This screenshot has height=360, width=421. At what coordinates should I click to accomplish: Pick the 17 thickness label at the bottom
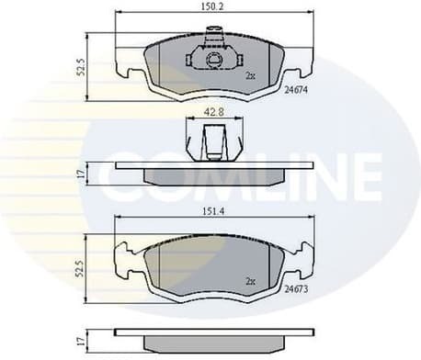click(x=80, y=338)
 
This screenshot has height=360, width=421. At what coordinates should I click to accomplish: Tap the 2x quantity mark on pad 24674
click(x=250, y=76)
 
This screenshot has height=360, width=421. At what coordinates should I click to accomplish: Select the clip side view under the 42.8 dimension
click(x=211, y=142)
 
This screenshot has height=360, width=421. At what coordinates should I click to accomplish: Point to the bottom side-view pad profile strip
click(x=211, y=337)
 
